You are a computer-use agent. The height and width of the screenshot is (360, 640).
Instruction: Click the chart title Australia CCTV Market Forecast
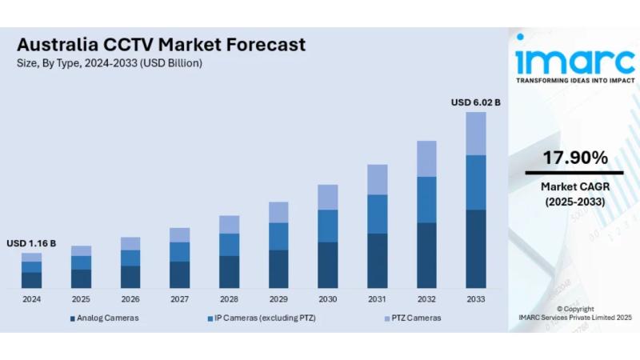point(161,45)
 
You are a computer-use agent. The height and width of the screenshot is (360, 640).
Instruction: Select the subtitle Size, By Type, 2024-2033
point(110,63)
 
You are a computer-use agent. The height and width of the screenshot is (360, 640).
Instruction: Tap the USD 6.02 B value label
point(475,102)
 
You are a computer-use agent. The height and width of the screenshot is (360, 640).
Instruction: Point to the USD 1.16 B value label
point(31,243)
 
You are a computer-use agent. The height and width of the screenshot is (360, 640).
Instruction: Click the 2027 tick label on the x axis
point(179,299)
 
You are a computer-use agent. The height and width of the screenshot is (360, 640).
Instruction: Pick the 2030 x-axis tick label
point(328,299)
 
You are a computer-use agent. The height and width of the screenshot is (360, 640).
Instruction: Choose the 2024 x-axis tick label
point(31,299)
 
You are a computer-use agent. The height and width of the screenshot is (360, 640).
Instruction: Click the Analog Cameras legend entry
point(104,318)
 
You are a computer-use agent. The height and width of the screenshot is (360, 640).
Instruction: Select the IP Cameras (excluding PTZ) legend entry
point(261,318)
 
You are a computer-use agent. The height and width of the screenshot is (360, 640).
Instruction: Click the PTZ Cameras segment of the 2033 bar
point(476,134)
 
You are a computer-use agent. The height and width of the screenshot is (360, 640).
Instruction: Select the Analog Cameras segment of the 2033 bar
point(476,248)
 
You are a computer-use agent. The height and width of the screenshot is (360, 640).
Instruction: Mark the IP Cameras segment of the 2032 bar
point(426,199)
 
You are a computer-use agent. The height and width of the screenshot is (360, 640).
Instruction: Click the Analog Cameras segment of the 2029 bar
point(278,269)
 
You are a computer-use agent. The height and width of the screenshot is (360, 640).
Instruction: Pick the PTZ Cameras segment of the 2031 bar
point(377,179)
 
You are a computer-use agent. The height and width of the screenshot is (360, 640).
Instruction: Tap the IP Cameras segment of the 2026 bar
point(130,258)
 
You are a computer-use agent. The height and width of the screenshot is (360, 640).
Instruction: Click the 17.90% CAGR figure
point(574,158)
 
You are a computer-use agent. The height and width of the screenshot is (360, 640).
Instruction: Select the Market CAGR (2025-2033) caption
point(574,194)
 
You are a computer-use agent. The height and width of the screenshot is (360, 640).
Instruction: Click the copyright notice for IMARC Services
point(574,313)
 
